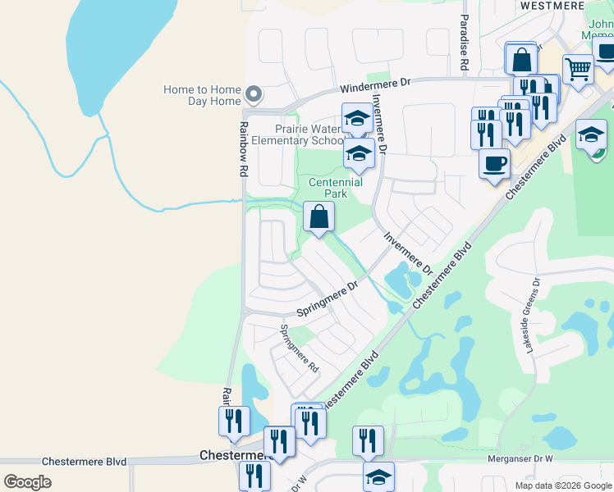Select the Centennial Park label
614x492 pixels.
(x=335, y=188)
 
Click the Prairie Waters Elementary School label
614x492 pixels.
(x=296, y=134)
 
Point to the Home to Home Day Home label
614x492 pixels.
(x=202, y=95)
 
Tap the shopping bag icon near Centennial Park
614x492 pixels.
(x=318, y=218)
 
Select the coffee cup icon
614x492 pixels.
(x=494, y=163)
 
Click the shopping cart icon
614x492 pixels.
(x=578, y=71)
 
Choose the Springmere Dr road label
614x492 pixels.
(x=328, y=300)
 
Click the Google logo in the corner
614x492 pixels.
(x=27, y=481)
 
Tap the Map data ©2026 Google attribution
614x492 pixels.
(x=562, y=485)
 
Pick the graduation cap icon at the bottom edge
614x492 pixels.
(x=378, y=476)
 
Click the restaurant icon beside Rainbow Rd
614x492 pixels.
(x=234, y=421)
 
